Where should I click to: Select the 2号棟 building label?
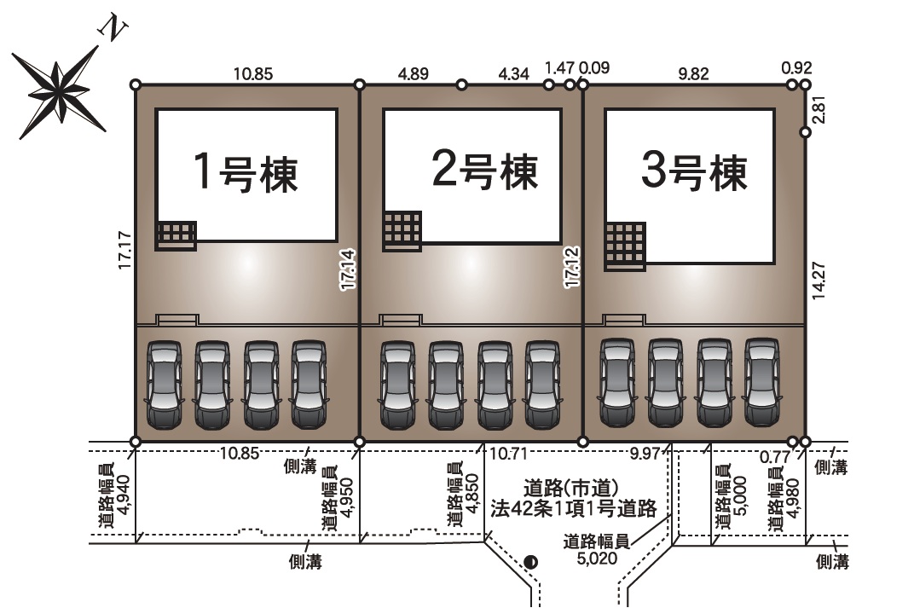click(x=485, y=171)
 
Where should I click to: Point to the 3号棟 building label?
click(x=694, y=173)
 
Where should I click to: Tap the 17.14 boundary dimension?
click(x=347, y=271)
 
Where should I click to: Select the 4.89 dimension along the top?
click(x=414, y=73)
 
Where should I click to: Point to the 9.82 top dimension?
click(x=693, y=73)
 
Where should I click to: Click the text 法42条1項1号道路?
click(x=573, y=509)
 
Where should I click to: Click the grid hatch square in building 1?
click(x=176, y=235)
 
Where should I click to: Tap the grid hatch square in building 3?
click(x=625, y=246)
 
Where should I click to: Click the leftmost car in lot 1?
click(x=164, y=385)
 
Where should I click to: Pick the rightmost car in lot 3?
click(x=762, y=381)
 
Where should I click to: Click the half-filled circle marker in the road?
click(x=531, y=561)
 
